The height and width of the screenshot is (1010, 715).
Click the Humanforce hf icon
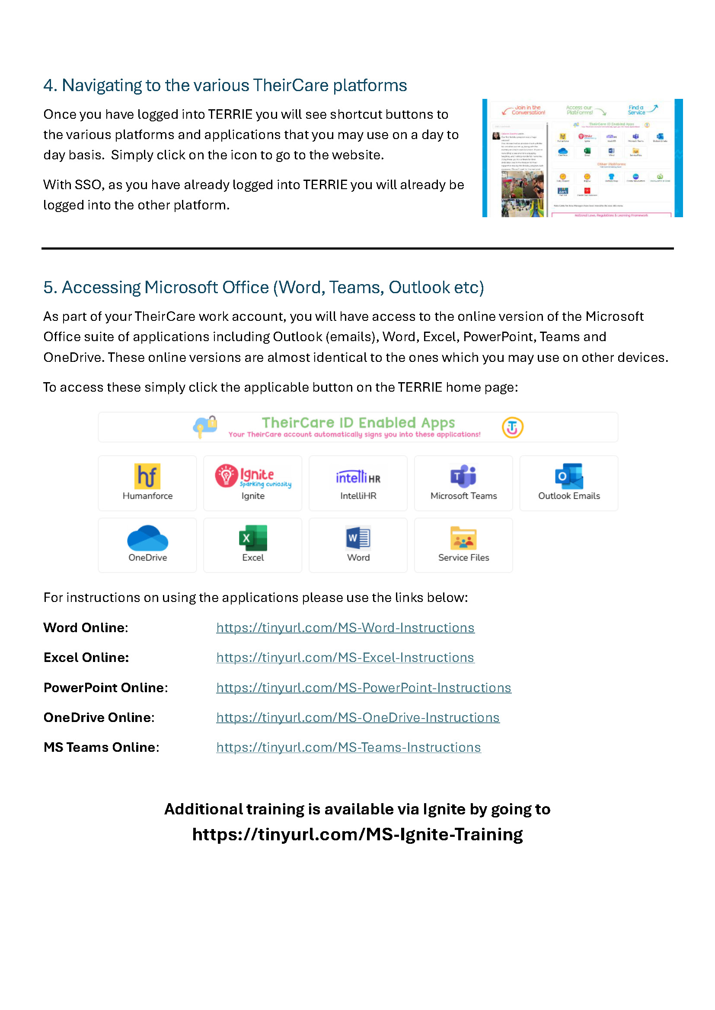coord(147,476)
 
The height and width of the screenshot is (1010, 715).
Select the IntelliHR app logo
coord(358,477)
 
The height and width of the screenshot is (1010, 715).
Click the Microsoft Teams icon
coord(463,476)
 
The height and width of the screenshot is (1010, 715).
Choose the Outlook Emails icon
coord(569,476)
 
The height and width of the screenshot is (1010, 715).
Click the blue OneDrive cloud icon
coord(147,538)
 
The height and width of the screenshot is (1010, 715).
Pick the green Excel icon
coord(253,538)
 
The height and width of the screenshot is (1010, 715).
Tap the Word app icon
coord(358,538)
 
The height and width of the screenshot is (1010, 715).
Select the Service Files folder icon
coord(463,538)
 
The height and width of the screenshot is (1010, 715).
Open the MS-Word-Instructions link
coord(345,627)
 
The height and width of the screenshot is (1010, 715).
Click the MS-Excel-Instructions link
coord(345,657)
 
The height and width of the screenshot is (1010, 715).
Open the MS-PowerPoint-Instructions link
coord(364,687)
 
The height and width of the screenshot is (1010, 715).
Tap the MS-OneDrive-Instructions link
coord(358,718)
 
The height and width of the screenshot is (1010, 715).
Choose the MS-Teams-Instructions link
coord(349,747)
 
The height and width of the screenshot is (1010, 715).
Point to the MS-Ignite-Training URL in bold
coord(357,835)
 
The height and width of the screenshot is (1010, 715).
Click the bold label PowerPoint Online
coord(104,687)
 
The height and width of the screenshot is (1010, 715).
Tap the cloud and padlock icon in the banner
coord(205,426)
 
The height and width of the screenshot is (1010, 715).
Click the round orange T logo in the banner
coord(513,427)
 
